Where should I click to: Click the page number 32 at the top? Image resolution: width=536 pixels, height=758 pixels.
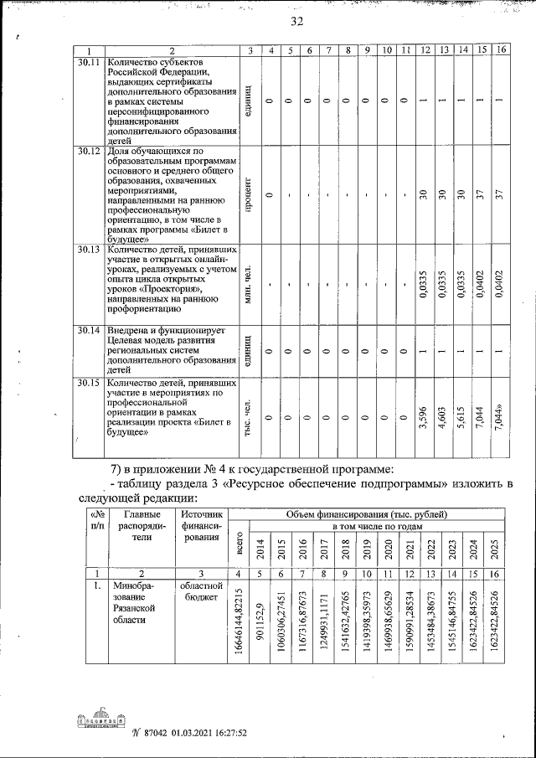(297, 21)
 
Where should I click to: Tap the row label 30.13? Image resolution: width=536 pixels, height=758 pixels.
(89, 250)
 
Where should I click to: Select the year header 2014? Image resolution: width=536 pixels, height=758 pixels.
(261, 549)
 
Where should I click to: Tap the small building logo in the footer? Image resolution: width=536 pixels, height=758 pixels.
(97, 719)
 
